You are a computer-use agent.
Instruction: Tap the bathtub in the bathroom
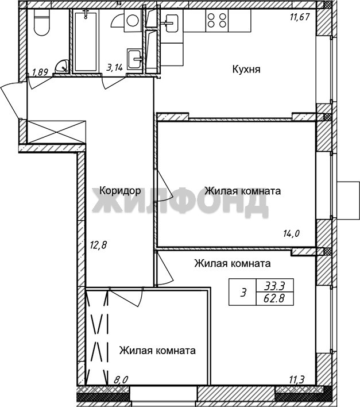click(x=86, y=41)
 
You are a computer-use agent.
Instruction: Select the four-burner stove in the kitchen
click(x=217, y=21)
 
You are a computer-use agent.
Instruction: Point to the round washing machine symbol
click(x=133, y=21)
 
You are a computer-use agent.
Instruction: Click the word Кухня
click(x=246, y=70)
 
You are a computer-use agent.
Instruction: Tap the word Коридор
click(x=120, y=191)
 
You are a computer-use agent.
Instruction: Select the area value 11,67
click(x=300, y=17)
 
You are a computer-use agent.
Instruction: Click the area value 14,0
click(x=291, y=234)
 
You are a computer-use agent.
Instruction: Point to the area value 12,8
click(x=99, y=245)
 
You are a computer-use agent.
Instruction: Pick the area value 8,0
click(x=121, y=380)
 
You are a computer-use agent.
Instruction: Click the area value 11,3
click(x=297, y=380)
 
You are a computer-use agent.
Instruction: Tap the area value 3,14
click(x=114, y=67)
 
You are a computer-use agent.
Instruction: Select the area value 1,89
click(x=40, y=72)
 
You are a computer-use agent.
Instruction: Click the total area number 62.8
click(x=274, y=298)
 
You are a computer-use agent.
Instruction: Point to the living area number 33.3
click(x=274, y=286)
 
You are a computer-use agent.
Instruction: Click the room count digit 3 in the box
click(x=243, y=293)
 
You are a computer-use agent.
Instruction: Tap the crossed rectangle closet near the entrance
click(x=56, y=132)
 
